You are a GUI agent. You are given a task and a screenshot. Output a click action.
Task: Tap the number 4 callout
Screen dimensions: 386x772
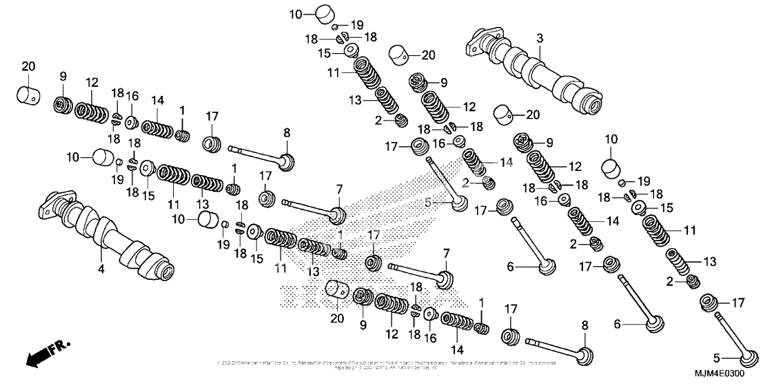point(101,270)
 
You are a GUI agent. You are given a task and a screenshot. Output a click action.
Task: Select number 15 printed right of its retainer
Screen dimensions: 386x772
point(667,207)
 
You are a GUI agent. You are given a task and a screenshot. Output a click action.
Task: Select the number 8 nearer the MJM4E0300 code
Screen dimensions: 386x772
point(584,326)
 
